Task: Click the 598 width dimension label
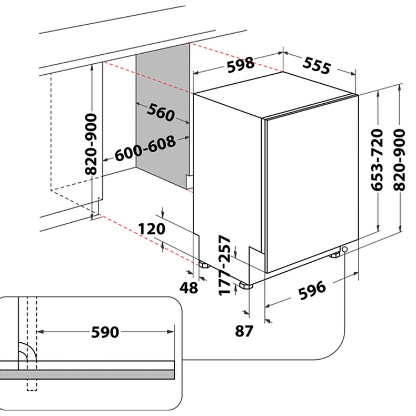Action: click(241, 65)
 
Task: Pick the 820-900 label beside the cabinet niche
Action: click(91, 144)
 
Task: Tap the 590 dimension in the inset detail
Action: click(105, 332)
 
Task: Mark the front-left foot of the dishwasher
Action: click(245, 286)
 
